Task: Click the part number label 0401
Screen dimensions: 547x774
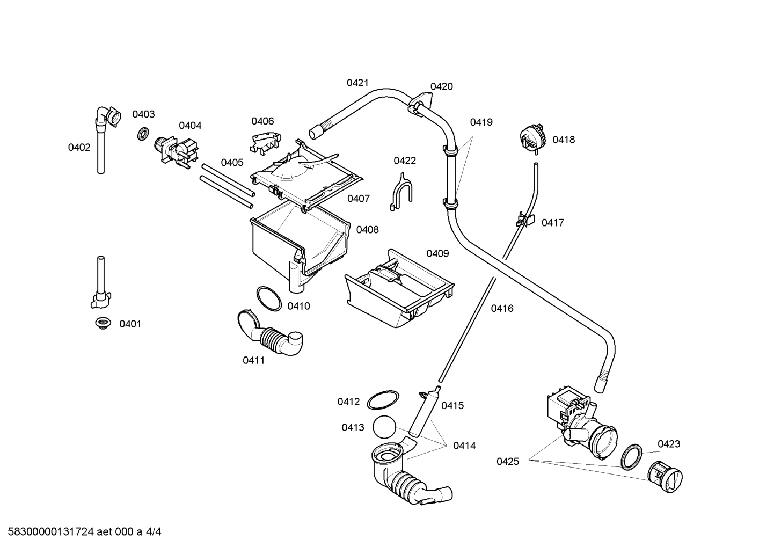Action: tap(130, 324)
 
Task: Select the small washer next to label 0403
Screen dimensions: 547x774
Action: tap(143, 133)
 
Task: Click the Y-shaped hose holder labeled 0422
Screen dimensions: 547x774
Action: tap(400, 191)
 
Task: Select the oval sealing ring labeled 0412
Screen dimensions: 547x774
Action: tap(383, 400)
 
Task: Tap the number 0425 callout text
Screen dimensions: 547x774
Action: tap(507, 461)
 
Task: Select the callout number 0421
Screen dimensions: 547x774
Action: tap(357, 83)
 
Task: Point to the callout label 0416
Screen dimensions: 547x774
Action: tap(502, 308)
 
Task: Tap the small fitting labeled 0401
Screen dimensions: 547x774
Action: tap(102, 323)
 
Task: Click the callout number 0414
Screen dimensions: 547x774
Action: tap(464, 445)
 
